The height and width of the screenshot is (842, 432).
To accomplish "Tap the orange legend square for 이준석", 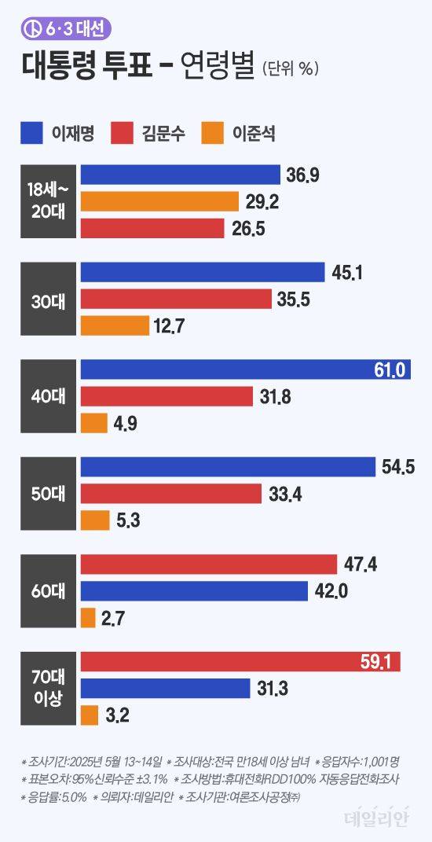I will pyautogui.click(x=214, y=133).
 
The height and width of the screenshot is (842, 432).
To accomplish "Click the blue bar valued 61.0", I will pyautogui.click(x=245, y=370).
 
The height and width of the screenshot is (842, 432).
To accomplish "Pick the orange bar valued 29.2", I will pyautogui.click(x=159, y=201).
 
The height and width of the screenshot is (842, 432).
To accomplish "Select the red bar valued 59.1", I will pyautogui.click(x=240, y=662).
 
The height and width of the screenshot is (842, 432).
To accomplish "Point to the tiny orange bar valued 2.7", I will pyautogui.click(x=88, y=618).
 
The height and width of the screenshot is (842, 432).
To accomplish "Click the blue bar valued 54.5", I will pyautogui.click(x=228, y=467).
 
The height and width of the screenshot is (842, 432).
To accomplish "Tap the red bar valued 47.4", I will pyautogui.click(x=208, y=564).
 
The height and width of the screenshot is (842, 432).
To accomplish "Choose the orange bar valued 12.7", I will pyautogui.click(x=115, y=325).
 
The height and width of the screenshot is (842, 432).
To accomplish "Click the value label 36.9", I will pyautogui.click(x=302, y=175).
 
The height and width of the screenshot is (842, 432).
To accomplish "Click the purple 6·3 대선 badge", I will pyautogui.click(x=66, y=29).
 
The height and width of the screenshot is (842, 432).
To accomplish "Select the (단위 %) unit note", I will pyautogui.click(x=290, y=70).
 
